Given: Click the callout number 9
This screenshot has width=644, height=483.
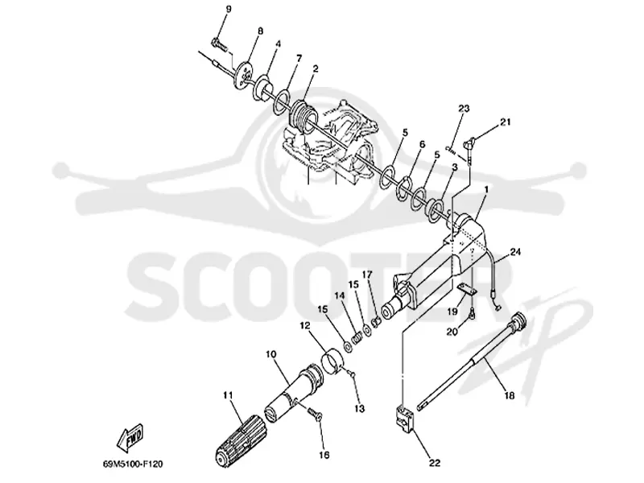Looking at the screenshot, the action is pyautogui.click(x=229, y=9).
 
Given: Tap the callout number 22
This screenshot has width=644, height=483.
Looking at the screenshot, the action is pyautogui.click(x=435, y=463).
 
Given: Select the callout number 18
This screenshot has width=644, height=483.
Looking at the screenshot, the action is pyautogui.click(x=510, y=395).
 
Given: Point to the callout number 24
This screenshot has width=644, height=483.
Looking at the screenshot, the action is pyautogui.click(x=515, y=251).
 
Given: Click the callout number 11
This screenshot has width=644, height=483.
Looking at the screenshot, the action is pyautogui.click(x=228, y=395).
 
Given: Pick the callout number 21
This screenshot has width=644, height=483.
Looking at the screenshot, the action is pyautogui.click(x=506, y=122).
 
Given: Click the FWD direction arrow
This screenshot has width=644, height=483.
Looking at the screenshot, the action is pyautogui.click(x=130, y=436).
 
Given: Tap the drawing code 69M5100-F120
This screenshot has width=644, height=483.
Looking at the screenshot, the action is pyautogui.click(x=133, y=464).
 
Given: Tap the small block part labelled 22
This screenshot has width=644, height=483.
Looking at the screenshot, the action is pyautogui.click(x=404, y=420).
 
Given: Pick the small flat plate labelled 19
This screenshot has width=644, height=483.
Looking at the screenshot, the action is pyautogui.click(x=467, y=290).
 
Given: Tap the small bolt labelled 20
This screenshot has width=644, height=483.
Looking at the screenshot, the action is pyautogui.click(x=473, y=313).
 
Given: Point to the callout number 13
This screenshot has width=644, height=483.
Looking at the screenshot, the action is pyautogui.click(x=359, y=409).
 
